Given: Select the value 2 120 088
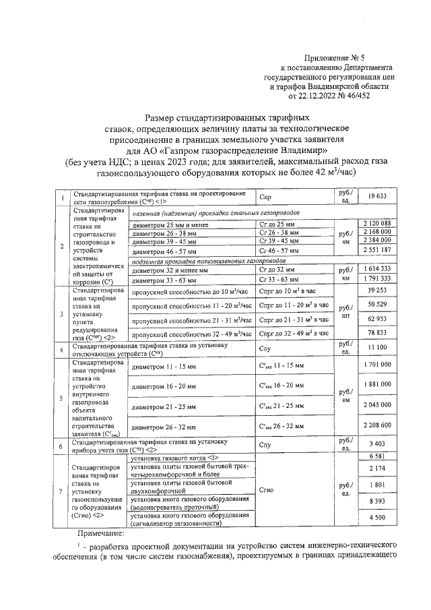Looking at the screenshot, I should coord(376,223).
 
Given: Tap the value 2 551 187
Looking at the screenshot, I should coord(376,249).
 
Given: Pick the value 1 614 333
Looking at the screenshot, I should coord(376,268).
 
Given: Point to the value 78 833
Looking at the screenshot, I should coord(376,333).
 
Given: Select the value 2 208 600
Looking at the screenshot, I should coord(376,426).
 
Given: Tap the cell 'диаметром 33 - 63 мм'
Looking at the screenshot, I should coord(165,280).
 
